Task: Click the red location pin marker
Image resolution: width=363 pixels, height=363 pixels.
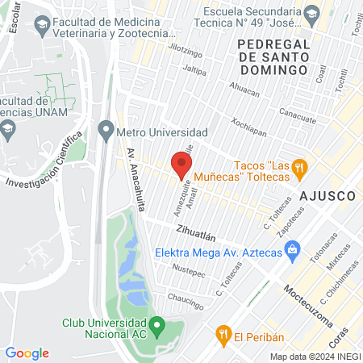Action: (x=181, y=165)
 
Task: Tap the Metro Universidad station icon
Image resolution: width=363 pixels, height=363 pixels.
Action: (x=106, y=129)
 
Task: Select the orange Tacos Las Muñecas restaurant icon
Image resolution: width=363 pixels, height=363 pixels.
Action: (x=299, y=168)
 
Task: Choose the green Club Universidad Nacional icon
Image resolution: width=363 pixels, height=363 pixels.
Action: (x=158, y=326)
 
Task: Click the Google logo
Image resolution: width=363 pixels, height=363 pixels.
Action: (x=27, y=353)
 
